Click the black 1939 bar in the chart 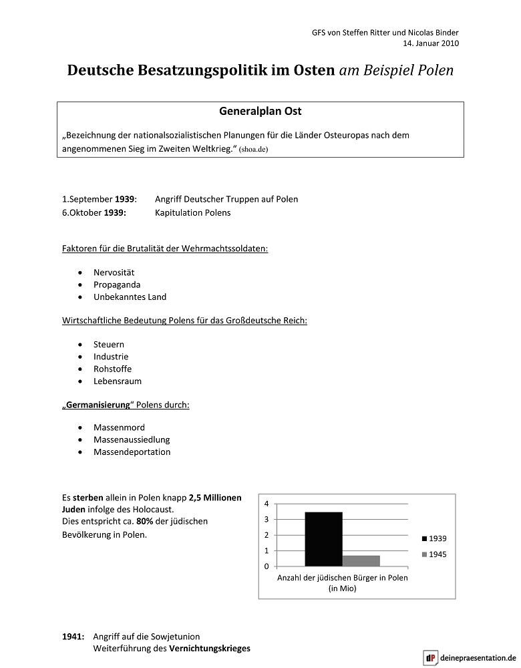click(323, 538)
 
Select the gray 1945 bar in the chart click(361, 560)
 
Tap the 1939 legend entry click(433, 538)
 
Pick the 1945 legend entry click(433, 554)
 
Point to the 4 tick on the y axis click(267, 504)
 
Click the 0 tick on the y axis click(267, 566)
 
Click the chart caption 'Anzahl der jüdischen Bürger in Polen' click(342, 578)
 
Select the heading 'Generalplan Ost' click(260, 112)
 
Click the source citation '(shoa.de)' click(253, 150)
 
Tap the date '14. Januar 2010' click(431, 44)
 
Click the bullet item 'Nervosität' click(114, 273)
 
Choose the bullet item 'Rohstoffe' click(112, 369)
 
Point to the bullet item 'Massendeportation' click(132, 452)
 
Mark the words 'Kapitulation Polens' click(192, 212)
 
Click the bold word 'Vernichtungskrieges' click(210, 649)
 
